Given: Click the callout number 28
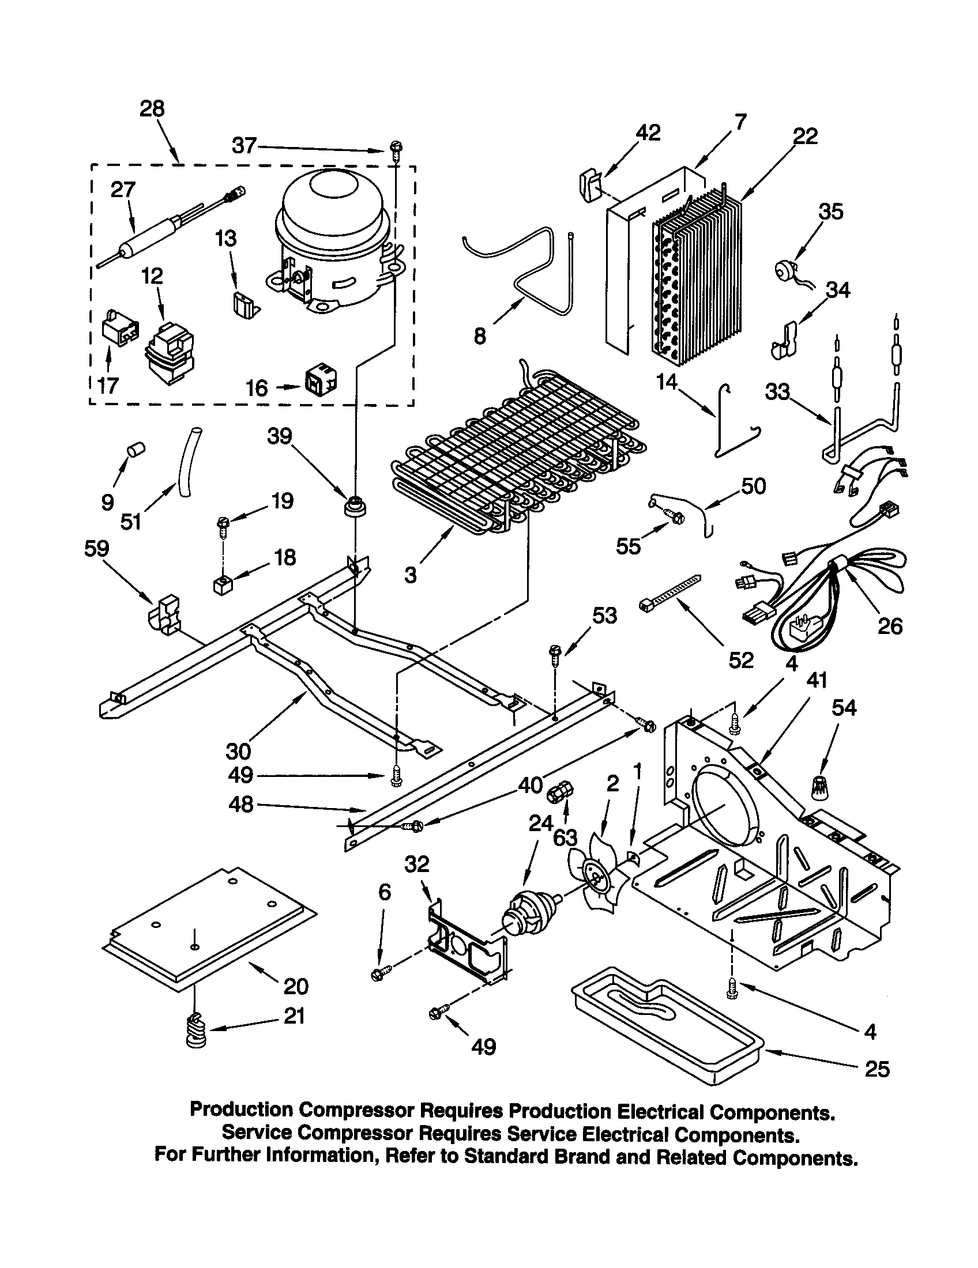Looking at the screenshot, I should coord(152,109).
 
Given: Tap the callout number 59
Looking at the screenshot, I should coord(96,548).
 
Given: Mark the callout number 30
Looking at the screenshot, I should coord(238,751).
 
